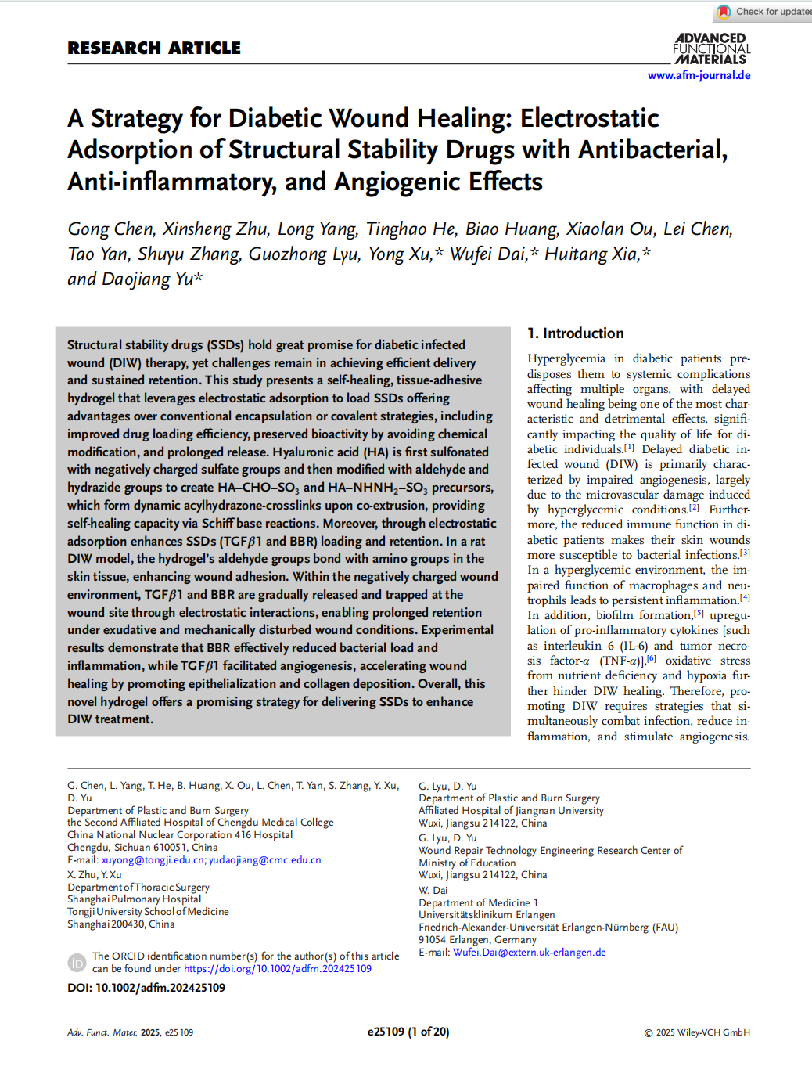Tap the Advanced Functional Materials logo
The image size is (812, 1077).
711,49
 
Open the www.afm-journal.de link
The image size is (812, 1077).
699,75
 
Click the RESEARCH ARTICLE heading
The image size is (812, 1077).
154,49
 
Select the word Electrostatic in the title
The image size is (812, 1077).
589,118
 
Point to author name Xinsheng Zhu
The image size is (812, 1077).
215,229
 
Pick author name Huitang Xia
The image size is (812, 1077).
591,254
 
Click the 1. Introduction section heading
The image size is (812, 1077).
575,333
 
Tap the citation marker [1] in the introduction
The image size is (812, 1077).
629,447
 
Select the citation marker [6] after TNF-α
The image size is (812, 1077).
651,658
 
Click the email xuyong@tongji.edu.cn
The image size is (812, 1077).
153,859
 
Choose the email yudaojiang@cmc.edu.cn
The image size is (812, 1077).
264,859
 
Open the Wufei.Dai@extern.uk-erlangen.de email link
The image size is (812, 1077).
529,953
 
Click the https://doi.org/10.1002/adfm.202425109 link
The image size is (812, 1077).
277,969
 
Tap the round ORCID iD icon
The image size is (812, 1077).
77,963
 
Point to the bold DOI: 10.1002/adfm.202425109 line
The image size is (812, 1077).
146,988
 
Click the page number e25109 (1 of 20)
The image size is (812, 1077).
408,1032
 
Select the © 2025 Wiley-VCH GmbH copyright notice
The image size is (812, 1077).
696,1032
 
